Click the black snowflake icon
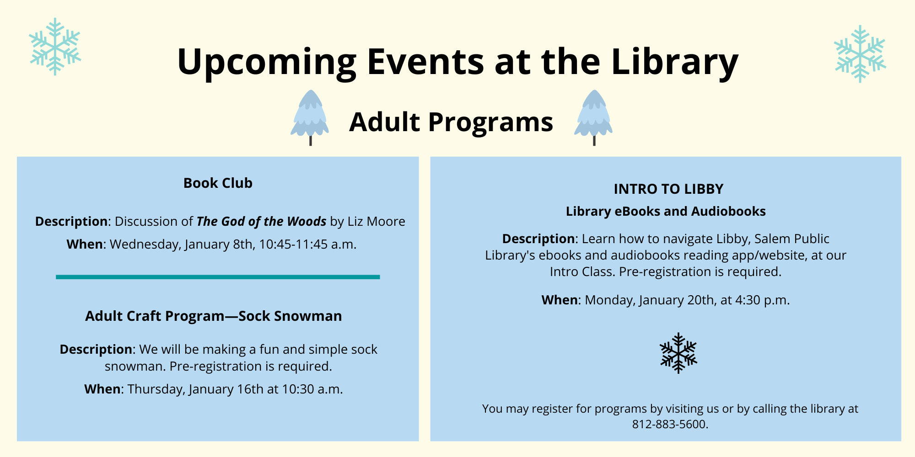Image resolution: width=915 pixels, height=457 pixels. pos(678,353)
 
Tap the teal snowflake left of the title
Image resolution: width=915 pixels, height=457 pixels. pos(55,47)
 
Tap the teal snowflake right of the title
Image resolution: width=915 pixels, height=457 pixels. pos(860,54)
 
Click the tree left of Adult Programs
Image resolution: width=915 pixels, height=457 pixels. pos(310,117)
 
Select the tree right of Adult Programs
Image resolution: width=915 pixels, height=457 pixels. pos(593,117)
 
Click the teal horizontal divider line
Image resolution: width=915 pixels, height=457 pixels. pos(218,277)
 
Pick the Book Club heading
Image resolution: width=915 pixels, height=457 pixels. pos(218,183)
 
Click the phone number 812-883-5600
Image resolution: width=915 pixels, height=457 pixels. pos(670,425)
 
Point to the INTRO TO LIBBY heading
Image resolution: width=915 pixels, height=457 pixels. pos(668,189)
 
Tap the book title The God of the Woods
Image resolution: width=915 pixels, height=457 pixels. pos(261,222)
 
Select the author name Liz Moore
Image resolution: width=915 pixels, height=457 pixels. pos(376,222)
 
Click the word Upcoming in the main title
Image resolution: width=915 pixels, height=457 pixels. pos(267,62)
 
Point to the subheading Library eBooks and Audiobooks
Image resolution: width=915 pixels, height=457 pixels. pos(666,212)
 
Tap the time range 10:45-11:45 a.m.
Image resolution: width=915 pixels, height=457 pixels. pos(307,244)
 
